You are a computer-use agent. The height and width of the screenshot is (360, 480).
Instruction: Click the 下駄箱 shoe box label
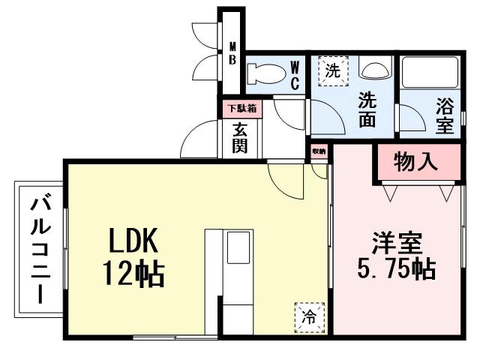pyautogui.click(x=241, y=108)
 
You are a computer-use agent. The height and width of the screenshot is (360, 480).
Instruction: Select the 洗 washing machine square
pyautogui.click(x=332, y=72)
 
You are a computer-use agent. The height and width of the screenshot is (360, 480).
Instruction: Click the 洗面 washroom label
pyautogui.click(x=367, y=109)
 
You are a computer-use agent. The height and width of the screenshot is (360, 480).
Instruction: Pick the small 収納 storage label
pyautogui.click(x=320, y=151)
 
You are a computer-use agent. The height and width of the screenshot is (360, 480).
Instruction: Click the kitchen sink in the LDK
pyautogui.click(x=239, y=247)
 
